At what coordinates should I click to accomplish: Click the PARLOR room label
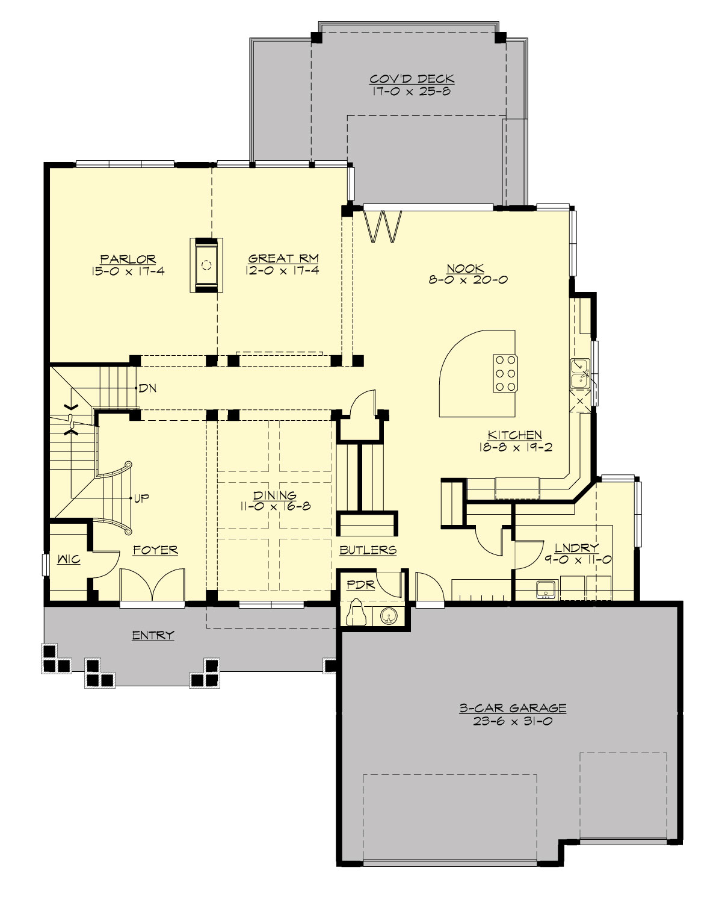(x=128, y=259)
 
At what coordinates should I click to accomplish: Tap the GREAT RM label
(x=283, y=259)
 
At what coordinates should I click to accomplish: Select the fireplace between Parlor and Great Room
(x=206, y=265)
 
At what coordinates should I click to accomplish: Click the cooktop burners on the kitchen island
(x=504, y=373)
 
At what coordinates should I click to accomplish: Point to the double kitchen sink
(x=581, y=373)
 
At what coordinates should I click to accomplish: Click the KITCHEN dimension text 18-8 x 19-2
(x=514, y=447)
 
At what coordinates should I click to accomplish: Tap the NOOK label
(x=465, y=268)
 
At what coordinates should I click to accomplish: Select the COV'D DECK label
(x=412, y=79)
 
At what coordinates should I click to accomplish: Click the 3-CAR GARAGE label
(x=513, y=709)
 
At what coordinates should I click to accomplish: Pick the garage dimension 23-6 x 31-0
(x=513, y=721)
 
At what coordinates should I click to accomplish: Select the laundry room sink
(x=546, y=589)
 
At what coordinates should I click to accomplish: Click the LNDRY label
(x=576, y=548)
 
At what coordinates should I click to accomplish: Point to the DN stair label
(x=148, y=388)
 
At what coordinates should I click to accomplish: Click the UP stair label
(x=142, y=498)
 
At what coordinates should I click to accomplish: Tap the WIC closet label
(x=69, y=560)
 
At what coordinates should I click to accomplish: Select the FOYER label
(x=155, y=550)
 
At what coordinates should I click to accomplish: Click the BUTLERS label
(x=368, y=550)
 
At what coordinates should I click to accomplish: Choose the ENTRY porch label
(x=153, y=635)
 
